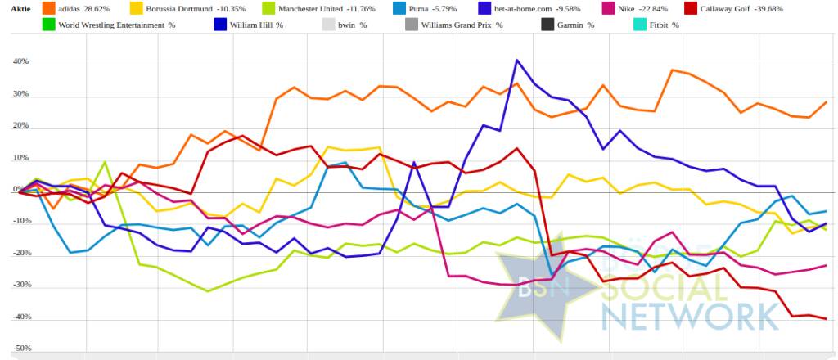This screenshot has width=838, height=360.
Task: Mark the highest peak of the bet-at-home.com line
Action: pyautogui.click(x=517, y=60)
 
